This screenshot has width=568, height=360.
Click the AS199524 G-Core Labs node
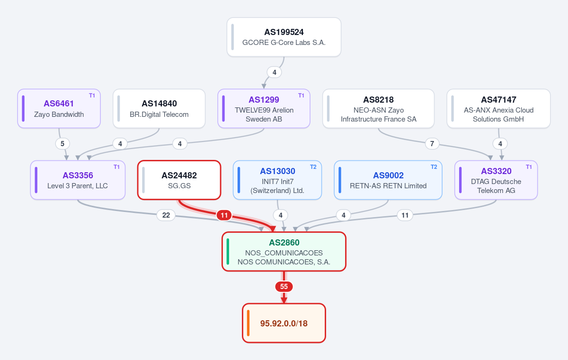tap(284, 37)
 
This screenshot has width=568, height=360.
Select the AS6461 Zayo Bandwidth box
tap(59, 108)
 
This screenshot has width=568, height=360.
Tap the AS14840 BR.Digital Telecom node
tap(159, 108)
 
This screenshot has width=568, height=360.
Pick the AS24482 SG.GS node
tap(179, 180)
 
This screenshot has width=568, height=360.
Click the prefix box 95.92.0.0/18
tap(284, 323)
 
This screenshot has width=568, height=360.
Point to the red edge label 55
tap(284, 287)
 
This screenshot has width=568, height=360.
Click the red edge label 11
tap(224, 215)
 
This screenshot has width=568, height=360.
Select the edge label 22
tap(166, 215)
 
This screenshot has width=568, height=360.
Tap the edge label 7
tap(432, 144)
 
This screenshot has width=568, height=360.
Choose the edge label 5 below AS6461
tap(62, 144)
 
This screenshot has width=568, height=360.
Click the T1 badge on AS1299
tap(301, 96)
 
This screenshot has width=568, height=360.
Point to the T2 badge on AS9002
tap(434, 167)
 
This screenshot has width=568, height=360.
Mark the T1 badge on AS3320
tap(529, 167)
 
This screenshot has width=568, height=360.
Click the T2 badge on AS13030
tap(313, 167)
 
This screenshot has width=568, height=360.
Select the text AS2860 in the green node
tap(284, 243)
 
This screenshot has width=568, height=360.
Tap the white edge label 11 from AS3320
tap(405, 215)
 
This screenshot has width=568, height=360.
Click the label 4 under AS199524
tap(274, 72)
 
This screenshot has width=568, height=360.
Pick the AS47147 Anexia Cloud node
tap(498, 108)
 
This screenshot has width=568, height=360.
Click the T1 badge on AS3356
tap(116, 167)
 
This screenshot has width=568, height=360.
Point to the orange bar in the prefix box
tap(248, 323)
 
